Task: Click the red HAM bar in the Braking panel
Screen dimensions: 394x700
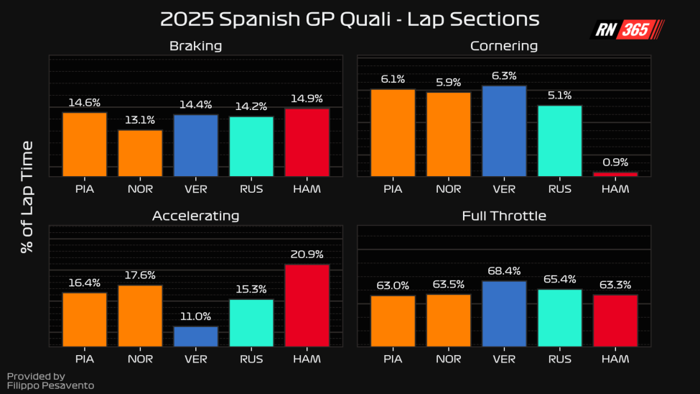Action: (x=307, y=142)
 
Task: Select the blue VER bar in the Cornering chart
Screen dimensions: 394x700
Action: (x=504, y=131)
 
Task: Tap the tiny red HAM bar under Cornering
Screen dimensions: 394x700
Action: (x=615, y=174)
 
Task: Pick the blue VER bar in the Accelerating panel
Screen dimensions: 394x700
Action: (x=196, y=336)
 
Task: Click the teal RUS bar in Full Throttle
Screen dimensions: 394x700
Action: (x=559, y=318)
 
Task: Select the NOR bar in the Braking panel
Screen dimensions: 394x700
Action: (x=140, y=153)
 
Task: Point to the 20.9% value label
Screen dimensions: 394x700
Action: (x=307, y=255)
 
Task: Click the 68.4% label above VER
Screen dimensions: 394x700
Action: (x=504, y=271)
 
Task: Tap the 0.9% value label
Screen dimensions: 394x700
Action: (x=615, y=162)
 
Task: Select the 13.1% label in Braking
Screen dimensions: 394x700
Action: (x=140, y=120)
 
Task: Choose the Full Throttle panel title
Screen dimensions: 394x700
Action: (x=504, y=216)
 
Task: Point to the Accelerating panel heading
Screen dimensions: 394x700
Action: (x=195, y=216)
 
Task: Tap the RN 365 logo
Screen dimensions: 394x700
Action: (x=627, y=29)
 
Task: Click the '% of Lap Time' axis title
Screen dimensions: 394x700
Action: (x=27, y=197)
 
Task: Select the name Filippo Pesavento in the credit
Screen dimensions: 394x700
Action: (x=50, y=385)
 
